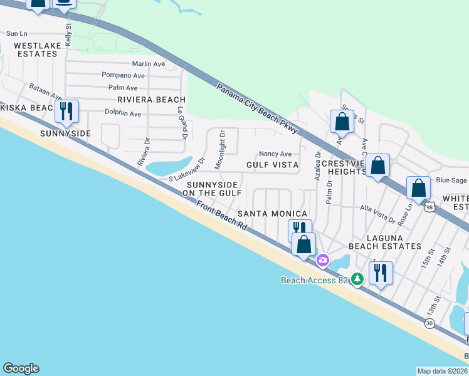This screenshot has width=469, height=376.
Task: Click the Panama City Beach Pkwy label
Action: [258, 108]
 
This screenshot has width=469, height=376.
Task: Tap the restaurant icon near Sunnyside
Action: [66, 112]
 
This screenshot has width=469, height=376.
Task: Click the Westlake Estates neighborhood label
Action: [36, 50]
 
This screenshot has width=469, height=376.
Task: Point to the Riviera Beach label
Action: [151, 100]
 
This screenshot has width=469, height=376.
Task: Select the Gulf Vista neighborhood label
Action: [272, 164]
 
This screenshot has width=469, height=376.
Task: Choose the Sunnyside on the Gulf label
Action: [212, 189]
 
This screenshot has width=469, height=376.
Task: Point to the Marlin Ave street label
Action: [149, 64]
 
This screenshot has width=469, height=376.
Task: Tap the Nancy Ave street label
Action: [275, 154]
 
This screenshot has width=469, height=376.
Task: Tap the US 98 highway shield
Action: [429, 206]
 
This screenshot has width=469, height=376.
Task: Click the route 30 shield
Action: [429, 323]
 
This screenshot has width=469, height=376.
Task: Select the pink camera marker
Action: [323, 259]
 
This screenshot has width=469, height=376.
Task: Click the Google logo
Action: [21, 368]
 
